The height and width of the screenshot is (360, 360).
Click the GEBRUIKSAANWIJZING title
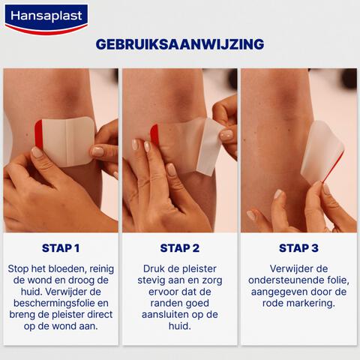click(x=180, y=44)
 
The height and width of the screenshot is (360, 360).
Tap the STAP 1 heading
click(x=61, y=248)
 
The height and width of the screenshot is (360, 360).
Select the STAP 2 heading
click(x=180, y=248)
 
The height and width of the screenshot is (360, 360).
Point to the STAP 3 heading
click(x=298, y=248)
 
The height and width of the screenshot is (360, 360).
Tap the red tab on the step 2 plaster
click(x=155, y=134)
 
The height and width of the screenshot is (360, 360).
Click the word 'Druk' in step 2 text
click(x=154, y=268)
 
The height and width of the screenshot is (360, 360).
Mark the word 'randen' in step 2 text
click(x=160, y=292)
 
